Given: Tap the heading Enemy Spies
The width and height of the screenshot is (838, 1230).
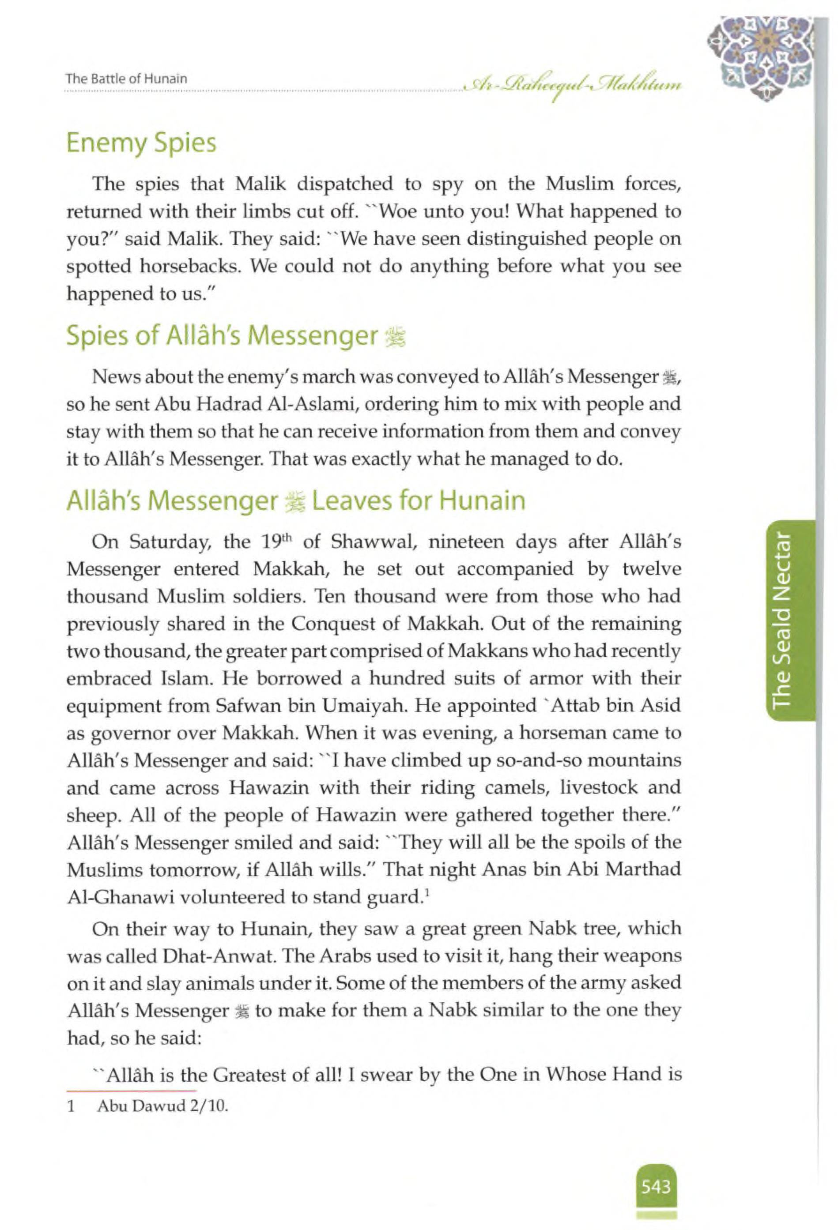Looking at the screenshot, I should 141,143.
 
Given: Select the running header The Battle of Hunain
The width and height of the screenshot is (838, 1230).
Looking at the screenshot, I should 126,79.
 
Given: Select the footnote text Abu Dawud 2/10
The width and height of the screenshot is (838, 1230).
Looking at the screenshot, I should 162,1106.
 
